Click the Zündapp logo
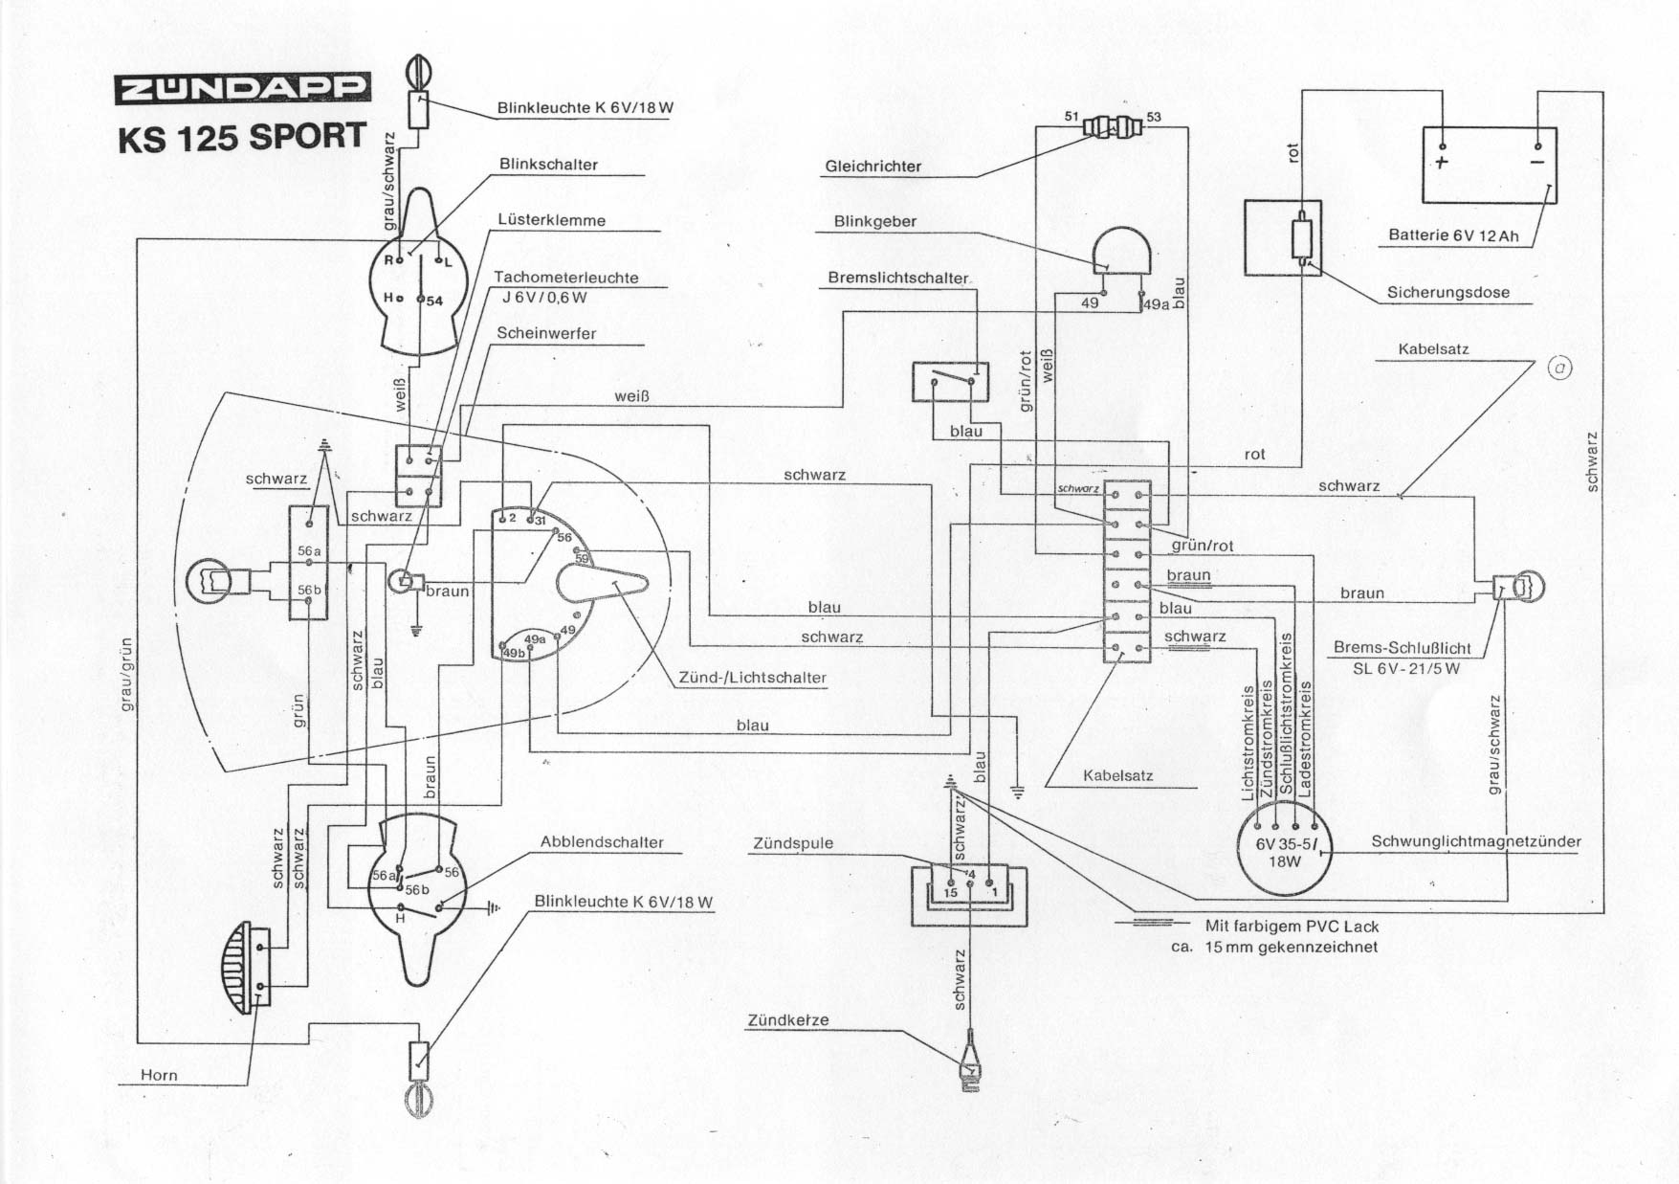point(242,89)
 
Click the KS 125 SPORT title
point(242,137)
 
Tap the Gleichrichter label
point(873,167)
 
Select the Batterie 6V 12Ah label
point(1453,235)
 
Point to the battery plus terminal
point(1442,161)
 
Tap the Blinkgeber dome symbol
point(1121,252)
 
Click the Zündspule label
point(792,843)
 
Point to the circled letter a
point(1560,369)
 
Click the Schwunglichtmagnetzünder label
point(1475,842)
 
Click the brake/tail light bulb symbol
point(1523,587)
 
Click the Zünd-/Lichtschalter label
point(752,678)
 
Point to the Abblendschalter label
point(602,842)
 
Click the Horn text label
point(159,1075)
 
